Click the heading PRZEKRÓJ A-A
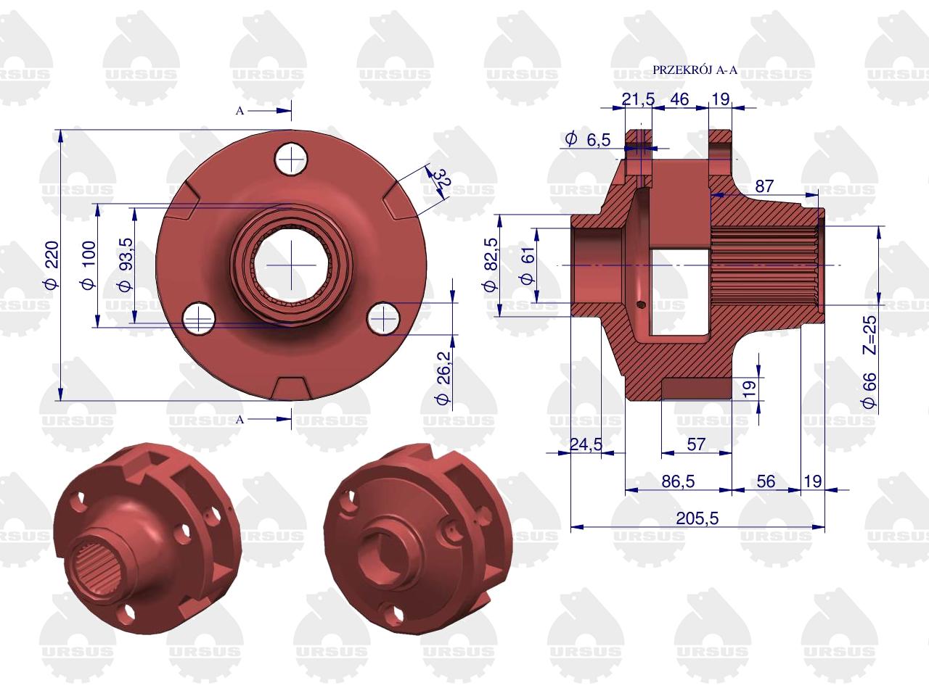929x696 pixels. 695,70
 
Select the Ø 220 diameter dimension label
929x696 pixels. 52,265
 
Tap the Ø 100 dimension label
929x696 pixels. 89,265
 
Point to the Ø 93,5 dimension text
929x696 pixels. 126,265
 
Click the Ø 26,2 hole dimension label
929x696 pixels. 443,378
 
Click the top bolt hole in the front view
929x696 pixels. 291,159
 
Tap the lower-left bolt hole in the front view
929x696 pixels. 198,318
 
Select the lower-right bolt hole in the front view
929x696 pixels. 383,318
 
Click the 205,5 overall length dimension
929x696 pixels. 697,518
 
